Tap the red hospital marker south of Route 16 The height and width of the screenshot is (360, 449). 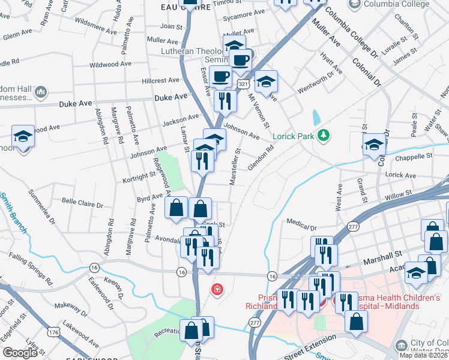217,290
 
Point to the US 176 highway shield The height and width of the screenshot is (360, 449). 52,331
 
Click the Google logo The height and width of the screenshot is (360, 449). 20,353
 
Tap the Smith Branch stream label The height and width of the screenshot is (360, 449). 11,208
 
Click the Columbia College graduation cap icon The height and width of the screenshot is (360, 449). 354,4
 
